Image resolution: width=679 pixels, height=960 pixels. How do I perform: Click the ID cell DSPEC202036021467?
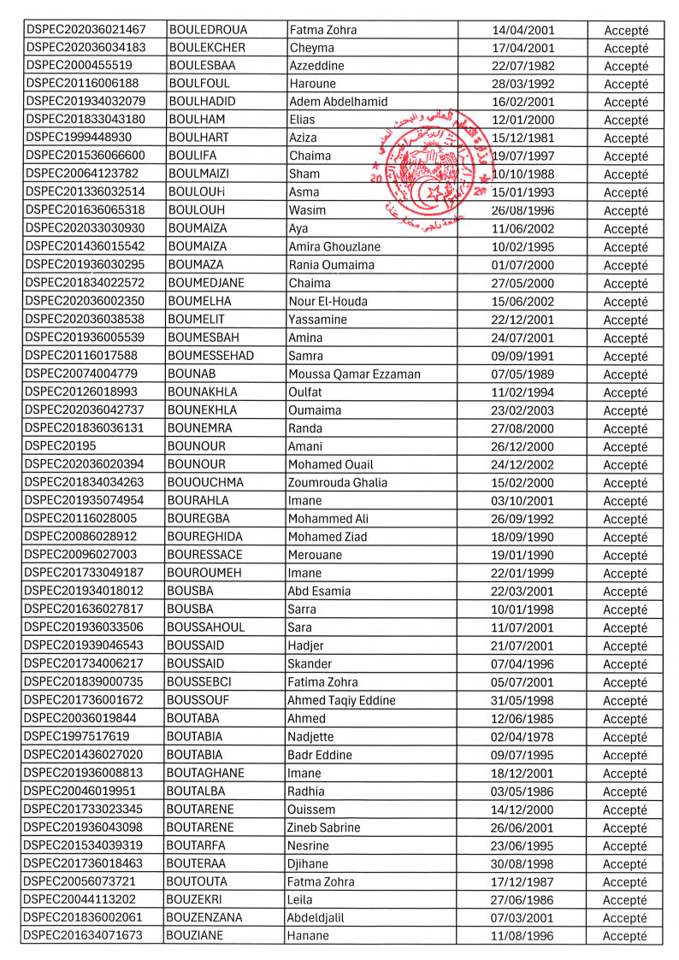tap(86, 30)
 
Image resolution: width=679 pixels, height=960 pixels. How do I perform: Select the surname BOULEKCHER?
tap(207, 48)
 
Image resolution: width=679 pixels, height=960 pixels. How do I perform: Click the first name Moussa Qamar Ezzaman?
tap(354, 374)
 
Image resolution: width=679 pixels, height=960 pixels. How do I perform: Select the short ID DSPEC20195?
tap(61, 446)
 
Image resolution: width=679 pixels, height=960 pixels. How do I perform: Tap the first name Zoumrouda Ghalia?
tap(338, 483)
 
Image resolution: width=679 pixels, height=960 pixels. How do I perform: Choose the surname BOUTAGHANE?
tap(206, 773)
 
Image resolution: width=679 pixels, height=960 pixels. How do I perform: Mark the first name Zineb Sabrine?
tap(324, 827)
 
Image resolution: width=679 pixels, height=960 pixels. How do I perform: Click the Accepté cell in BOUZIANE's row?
tap(626, 936)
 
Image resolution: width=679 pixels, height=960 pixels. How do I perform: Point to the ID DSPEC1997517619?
tap(78, 737)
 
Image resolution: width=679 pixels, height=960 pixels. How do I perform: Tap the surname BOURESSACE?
tap(206, 555)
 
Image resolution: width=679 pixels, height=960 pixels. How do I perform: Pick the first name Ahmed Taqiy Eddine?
tap(342, 700)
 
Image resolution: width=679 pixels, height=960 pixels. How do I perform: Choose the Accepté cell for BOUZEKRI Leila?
tap(626, 899)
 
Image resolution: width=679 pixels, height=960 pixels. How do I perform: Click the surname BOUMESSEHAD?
tap(210, 356)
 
